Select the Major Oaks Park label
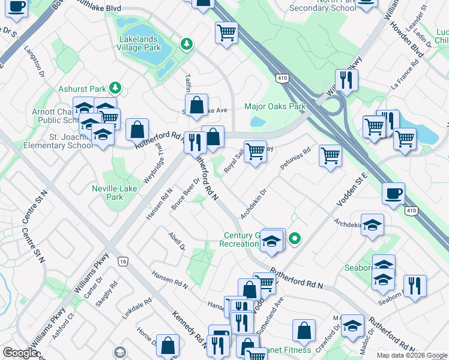click(x=275, y=107)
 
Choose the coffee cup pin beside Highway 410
click(x=393, y=194)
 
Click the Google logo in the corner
click(x=20, y=353)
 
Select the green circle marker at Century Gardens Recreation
click(x=294, y=239)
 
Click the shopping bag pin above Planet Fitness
click(x=304, y=331)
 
